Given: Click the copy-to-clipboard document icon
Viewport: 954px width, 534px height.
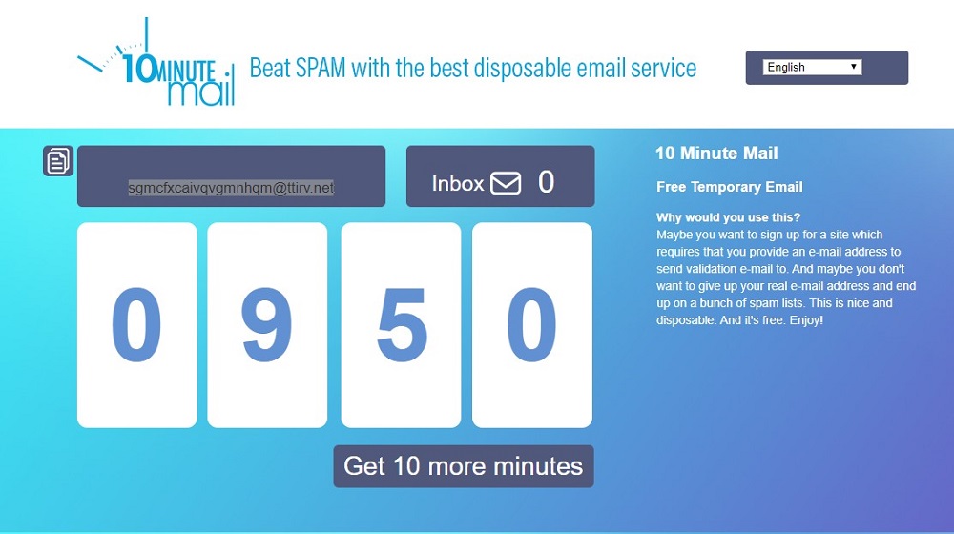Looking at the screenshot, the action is tap(58, 161).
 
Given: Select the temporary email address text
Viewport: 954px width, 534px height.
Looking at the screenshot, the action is tap(231, 188).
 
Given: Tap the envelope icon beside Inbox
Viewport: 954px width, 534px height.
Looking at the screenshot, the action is tap(506, 183).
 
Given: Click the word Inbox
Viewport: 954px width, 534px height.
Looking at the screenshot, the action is tap(458, 183).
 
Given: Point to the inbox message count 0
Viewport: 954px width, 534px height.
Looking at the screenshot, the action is tap(547, 182).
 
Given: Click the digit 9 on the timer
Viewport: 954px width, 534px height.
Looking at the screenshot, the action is tap(266, 325).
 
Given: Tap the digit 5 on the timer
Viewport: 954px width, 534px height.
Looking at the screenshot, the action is tap(402, 325).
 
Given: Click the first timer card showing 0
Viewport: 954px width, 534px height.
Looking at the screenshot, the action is tap(136, 325).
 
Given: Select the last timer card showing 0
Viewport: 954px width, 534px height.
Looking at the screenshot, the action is tap(531, 325).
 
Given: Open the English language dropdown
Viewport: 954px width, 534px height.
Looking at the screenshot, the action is tap(812, 67).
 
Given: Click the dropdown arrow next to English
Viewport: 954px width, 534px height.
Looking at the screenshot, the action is tap(854, 67).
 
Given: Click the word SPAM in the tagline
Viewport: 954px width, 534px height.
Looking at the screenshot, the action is tap(321, 68).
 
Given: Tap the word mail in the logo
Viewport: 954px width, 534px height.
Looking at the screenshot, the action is tap(200, 92).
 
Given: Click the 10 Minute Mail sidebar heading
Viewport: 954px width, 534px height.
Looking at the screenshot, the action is tap(716, 154).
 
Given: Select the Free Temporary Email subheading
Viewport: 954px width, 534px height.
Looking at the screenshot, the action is tap(730, 187).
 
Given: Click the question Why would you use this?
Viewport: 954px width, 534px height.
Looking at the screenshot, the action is tap(728, 217).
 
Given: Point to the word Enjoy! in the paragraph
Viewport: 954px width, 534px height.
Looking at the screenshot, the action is tap(806, 319).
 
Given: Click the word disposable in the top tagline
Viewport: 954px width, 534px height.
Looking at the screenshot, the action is tap(523, 68).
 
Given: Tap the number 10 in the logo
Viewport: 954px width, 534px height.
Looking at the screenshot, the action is tap(138, 68).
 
